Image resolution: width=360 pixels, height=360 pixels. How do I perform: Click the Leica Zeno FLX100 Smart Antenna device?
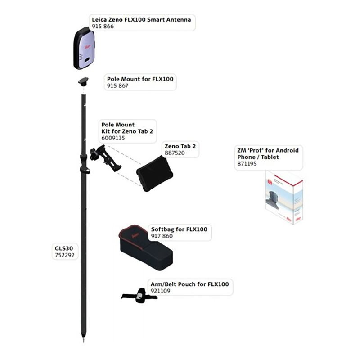click(84, 48)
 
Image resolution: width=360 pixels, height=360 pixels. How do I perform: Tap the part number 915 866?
click(103, 27)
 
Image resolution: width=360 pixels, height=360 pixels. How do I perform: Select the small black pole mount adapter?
click(83, 82)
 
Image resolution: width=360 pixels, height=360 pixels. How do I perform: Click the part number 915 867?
click(117, 85)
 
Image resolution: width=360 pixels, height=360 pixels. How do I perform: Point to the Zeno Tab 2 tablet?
click(154, 174)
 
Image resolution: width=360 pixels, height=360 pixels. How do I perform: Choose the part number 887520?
click(175, 153)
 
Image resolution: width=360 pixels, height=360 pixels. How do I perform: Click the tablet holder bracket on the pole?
click(106, 158)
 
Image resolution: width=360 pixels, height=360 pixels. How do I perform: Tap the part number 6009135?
click(113, 138)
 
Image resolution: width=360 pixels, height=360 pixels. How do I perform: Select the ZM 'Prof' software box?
click(284, 198)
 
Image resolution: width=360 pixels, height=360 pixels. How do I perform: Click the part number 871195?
click(247, 164)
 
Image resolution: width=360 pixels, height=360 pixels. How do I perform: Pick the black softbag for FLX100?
click(145, 247)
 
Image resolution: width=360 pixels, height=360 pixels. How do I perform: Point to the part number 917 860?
click(162, 236)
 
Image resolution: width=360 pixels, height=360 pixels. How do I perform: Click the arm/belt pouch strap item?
click(139, 296)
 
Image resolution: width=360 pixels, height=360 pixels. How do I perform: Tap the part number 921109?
click(161, 291)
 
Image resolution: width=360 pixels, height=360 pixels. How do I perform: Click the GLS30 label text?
click(64, 248)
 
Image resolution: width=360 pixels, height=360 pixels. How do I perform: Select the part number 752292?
click(65, 255)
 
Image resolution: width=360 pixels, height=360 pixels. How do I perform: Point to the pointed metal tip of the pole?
click(83, 339)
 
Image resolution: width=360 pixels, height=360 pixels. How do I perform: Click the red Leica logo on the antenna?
click(87, 47)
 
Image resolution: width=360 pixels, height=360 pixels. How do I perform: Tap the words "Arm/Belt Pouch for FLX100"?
click(189, 284)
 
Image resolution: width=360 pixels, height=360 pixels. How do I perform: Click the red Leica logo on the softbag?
click(135, 235)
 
